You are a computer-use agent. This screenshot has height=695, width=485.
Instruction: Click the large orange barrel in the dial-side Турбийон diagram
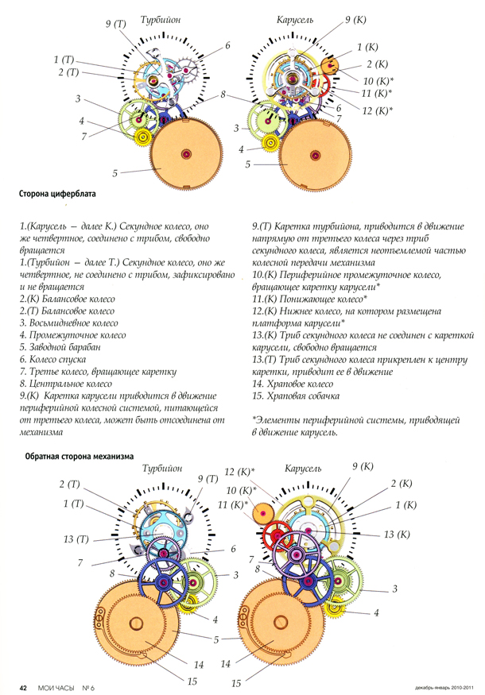tap(186, 154)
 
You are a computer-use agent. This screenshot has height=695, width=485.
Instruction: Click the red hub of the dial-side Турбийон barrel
tap(186, 154)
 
